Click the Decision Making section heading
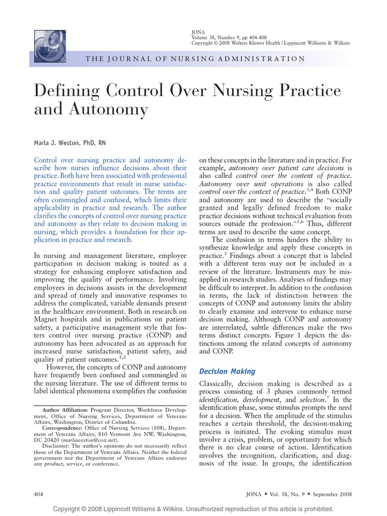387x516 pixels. coord(227,371)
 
